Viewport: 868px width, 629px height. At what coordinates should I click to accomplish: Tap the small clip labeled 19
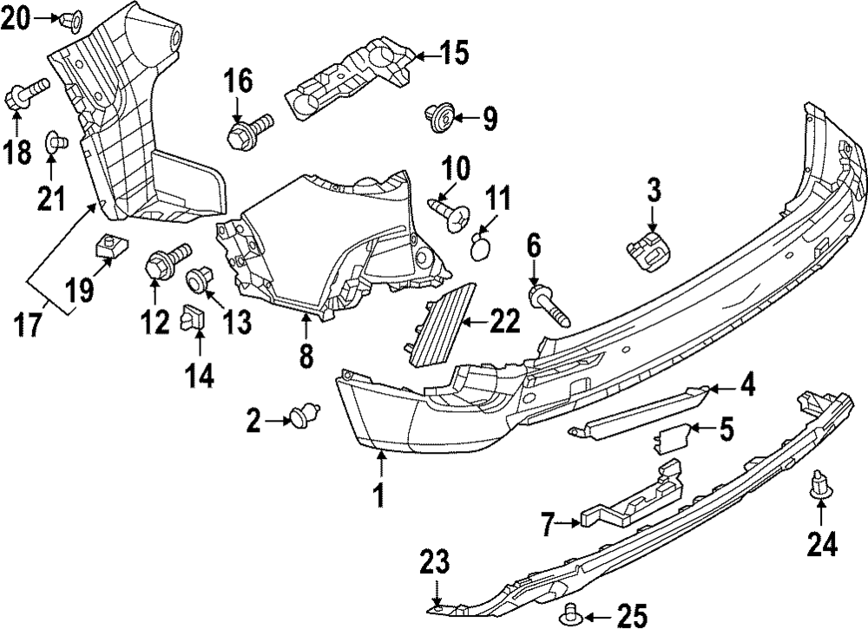(107, 247)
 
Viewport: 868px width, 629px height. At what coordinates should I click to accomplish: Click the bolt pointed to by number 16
(247, 131)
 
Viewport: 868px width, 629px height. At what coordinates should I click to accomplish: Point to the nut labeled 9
(441, 115)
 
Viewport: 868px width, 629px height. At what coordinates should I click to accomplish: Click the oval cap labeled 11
(481, 248)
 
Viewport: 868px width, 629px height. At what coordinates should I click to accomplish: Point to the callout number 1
(378, 495)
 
